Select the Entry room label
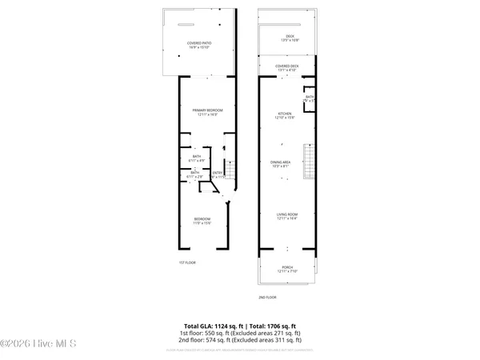pos(217,174)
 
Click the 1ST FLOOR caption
pos(187,262)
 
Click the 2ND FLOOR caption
pos(266,297)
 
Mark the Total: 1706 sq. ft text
pos(271,326)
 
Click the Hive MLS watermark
pos(38,344)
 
